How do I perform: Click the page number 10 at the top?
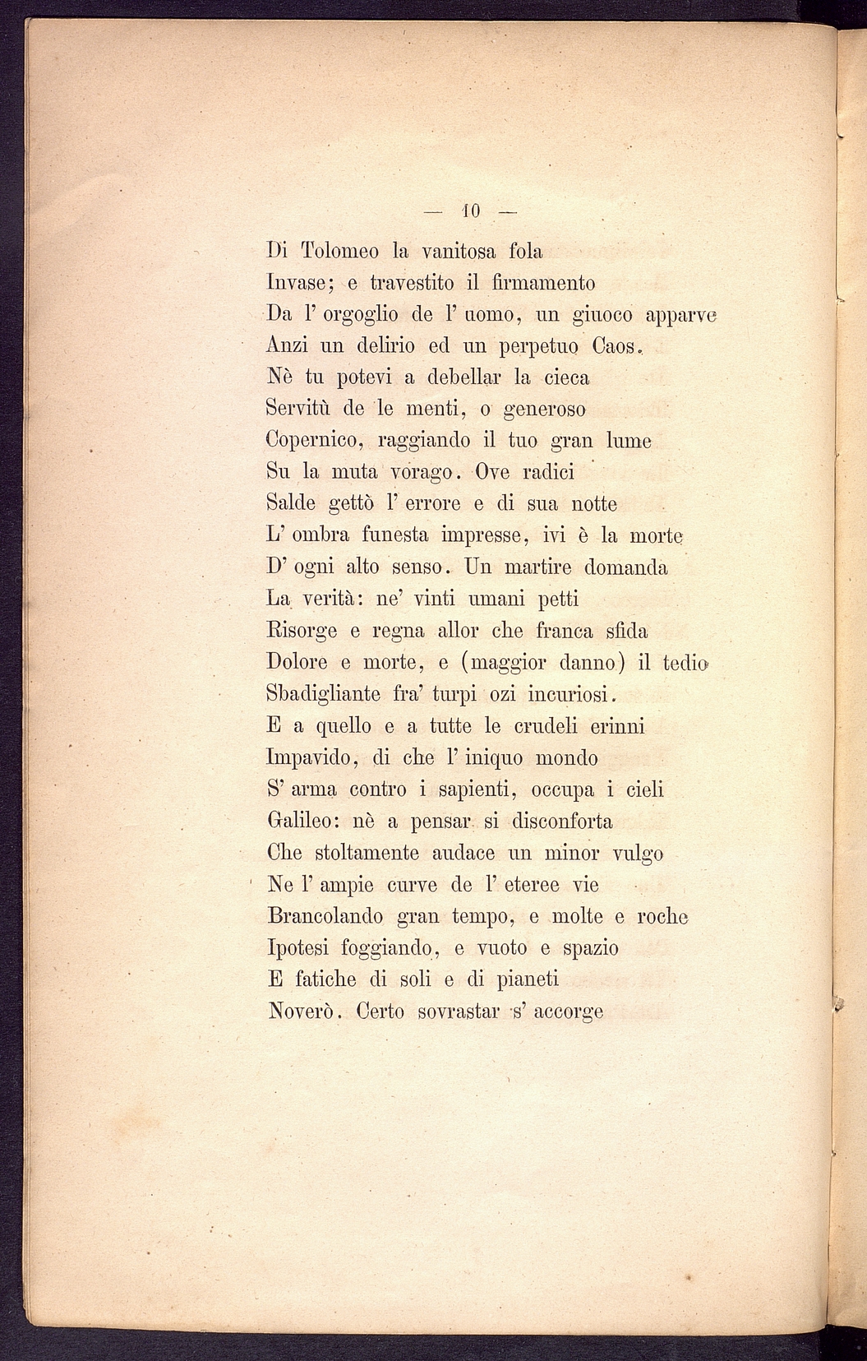pyautogui.click(x=471, y=211)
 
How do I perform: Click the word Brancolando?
pyautogui.click(x=325, y=916)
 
